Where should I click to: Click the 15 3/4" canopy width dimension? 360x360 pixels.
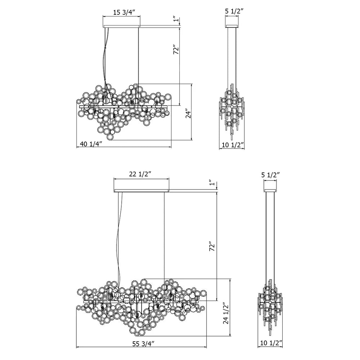point(124,12)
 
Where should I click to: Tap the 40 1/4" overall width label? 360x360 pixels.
point(91,144)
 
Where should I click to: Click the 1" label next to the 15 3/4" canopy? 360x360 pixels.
point(175,18)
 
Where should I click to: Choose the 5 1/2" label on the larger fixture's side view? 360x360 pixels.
point(271,175)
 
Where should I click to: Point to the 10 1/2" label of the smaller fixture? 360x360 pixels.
point(232,145)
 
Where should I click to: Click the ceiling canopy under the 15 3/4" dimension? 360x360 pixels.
point(121,26)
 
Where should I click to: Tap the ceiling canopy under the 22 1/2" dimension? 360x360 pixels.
point(141,190)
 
